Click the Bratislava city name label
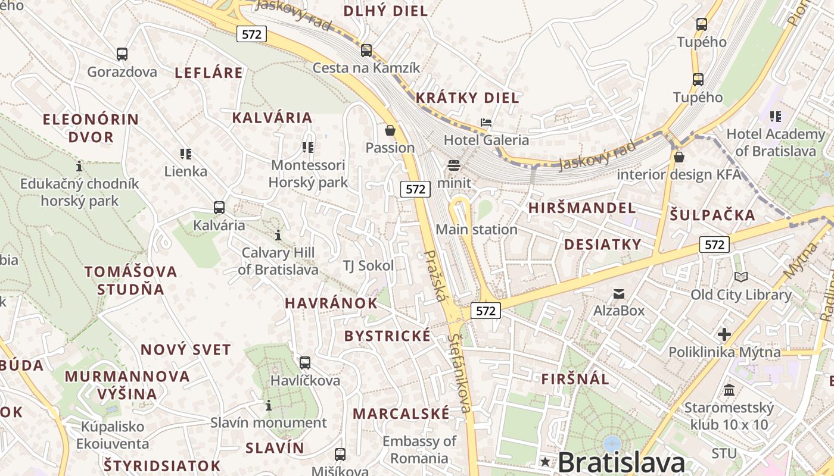pyautogui.click(x=621, y=462)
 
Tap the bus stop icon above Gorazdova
pyautogui.click(x=122, y=54)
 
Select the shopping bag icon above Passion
pyautogui.click(x=390, y=130)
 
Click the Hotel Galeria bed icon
pyautogui.click(x=486, y=123)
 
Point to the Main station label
pyautogui.click(x=477, y=229)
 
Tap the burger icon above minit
pyautogui.click(x=454, y=165)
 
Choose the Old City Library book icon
pyautogui.click(x=741, y=277)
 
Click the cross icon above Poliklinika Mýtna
pyautogui.click(x=724, y=334)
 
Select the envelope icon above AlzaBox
pyautogui.click(x=619, y=293)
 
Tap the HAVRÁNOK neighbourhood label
pyautogui.click(x=331, y=303)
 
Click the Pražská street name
pyautogui.click(x=435, y=275)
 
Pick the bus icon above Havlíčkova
pyautogui.click(x=305, y=362)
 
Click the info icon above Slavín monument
pyautogui.click(x=269, y=405)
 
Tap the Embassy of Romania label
pyautogui.click(x=419, y=450)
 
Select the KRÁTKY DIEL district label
pyautogui.click(x=467, y=98)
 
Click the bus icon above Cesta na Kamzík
pyautogui.click(x=366, y=50)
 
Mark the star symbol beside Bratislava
pyautogui.click(x=544, y=462)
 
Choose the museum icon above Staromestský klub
pyautogui.click(x=729, y=390)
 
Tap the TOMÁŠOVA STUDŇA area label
pyautogui.click(x=130, y=280)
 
